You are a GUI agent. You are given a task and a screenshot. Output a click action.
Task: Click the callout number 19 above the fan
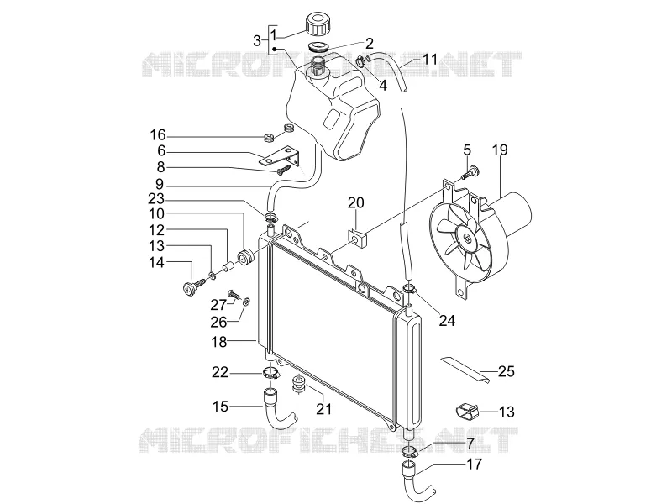point(500,150)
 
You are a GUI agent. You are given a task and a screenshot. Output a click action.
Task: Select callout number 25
point(506,371)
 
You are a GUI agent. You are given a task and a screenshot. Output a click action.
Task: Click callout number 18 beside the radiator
point(219,342)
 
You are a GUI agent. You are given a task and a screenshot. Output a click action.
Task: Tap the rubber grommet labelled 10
point(245,256)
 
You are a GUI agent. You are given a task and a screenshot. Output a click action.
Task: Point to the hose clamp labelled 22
point(270,372)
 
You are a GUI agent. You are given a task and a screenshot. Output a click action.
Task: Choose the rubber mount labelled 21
point(297,384)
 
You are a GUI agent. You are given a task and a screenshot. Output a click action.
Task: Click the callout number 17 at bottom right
point(474,464)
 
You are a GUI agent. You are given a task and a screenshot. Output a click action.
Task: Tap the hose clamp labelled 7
point(410,451)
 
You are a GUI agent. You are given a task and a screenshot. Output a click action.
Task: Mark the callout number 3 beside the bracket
point(257,41)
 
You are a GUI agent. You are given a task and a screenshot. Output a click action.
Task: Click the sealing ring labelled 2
point(318,46)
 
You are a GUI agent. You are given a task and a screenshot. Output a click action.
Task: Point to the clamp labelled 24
point(409,289)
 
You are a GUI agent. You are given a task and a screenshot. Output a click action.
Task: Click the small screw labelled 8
point(283,171)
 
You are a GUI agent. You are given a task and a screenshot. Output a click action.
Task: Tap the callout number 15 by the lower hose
point(220,407)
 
